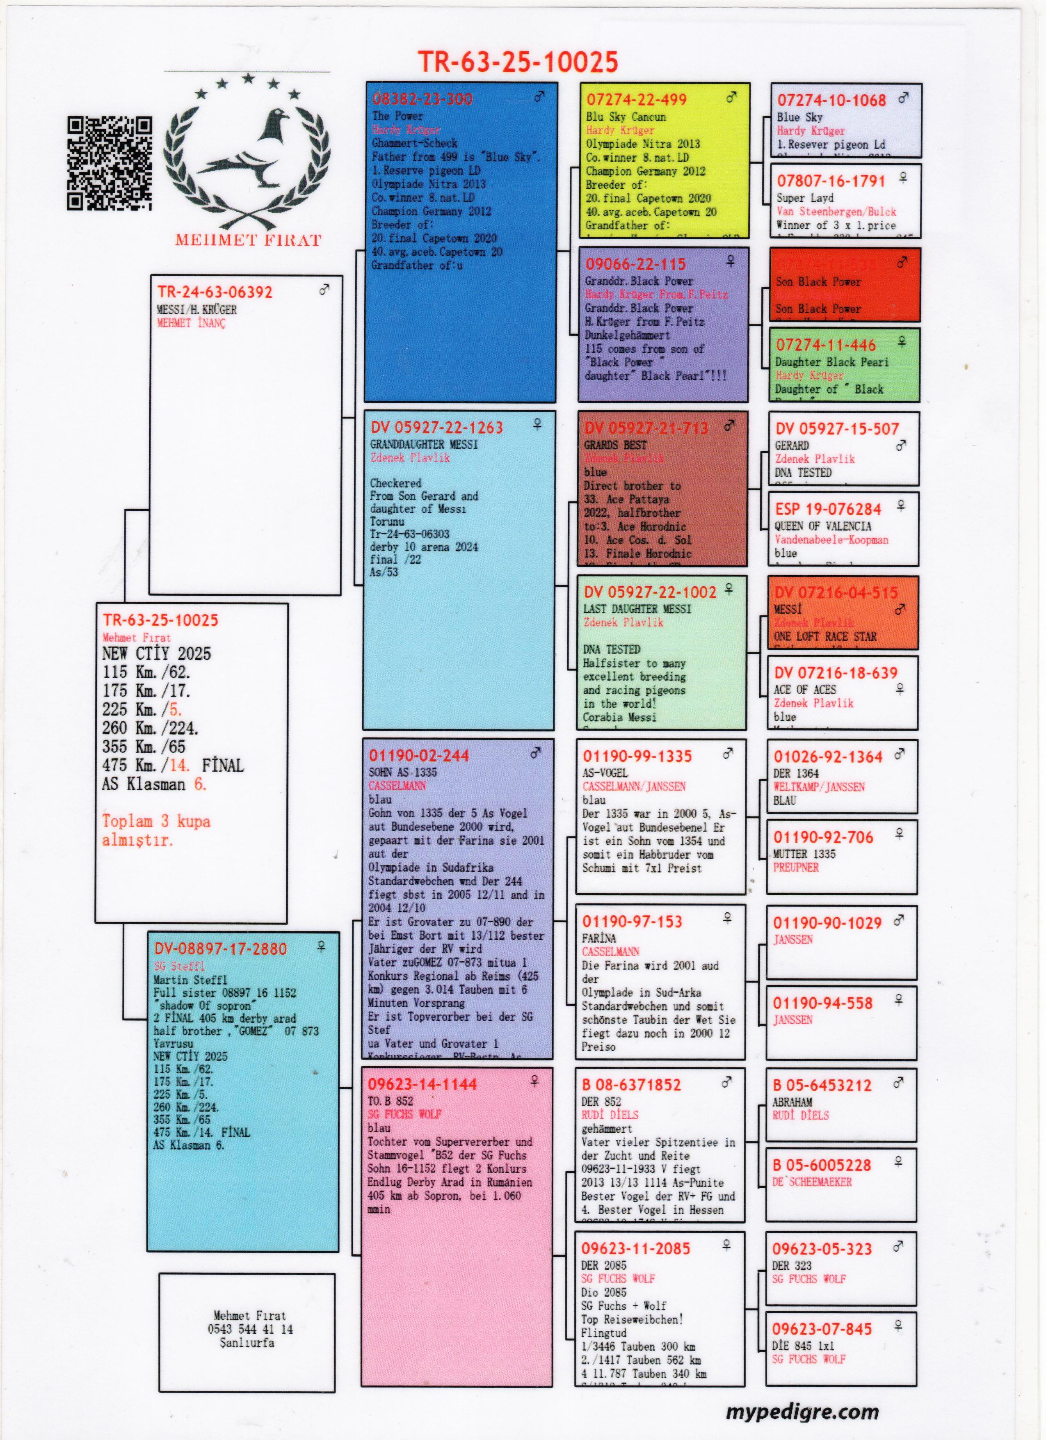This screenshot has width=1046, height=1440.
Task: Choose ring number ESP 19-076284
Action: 828,509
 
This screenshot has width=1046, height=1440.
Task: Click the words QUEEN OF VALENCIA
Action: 822,526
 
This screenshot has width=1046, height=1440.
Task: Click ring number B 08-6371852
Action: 632,1085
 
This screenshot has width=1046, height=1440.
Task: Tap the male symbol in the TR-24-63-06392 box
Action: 324,290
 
